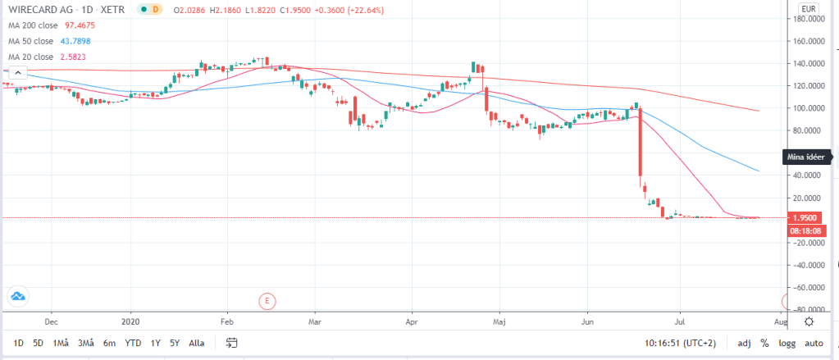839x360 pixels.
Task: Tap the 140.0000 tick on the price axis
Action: [x=804, y=63]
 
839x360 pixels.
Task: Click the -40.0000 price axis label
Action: [x=804, y=266]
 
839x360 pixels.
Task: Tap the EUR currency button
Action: [x=809, y=9]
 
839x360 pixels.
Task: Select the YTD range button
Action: [x=132, y=343]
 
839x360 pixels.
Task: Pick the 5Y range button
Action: [x=174, y=343]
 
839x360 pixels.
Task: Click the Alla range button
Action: [x=197, y=343]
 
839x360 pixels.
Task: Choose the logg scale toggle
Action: [x=787, y=343]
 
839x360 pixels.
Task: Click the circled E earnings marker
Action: [x=266, y=301]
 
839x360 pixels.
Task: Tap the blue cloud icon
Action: [x=17, y=296]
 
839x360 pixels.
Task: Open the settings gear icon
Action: [x=809, y=321]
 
